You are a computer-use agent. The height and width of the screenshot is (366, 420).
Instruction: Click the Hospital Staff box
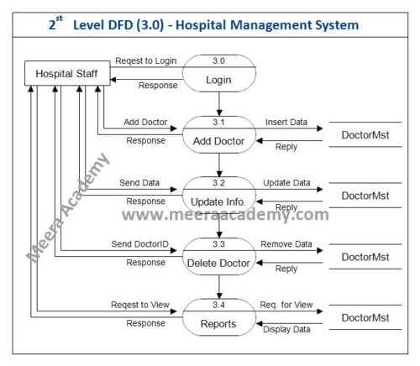click(x=60, y=74)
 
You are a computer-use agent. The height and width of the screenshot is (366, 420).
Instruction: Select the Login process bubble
click(x=218, y=75)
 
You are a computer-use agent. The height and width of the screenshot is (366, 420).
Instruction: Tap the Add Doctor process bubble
click(x=218, y=134)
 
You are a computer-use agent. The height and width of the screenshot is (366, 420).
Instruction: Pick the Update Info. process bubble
click(x=218, y=195)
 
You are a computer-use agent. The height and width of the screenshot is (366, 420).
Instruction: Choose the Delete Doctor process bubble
click(x=218, y=255)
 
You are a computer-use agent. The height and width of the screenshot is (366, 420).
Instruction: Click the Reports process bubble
click(x=218, y=316)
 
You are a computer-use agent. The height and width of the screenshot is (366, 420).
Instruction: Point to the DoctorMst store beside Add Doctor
click(x=365, y=135)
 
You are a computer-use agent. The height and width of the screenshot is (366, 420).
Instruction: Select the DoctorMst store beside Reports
click(x=365, y=317)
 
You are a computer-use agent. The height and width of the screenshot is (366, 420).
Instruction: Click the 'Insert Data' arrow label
click(x=286, y=123)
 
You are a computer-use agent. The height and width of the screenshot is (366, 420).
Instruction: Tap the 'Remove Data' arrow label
click(x=286, y=244)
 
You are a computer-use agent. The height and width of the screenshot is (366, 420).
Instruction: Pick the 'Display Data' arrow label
click(x=286, y=329)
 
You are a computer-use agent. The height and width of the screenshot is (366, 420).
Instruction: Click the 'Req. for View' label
click(x=286, y=305)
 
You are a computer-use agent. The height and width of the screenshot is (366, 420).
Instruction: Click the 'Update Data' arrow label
click(x=286, y=183)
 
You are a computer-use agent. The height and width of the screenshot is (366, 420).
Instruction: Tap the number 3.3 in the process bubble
click(x=218, y=243)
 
